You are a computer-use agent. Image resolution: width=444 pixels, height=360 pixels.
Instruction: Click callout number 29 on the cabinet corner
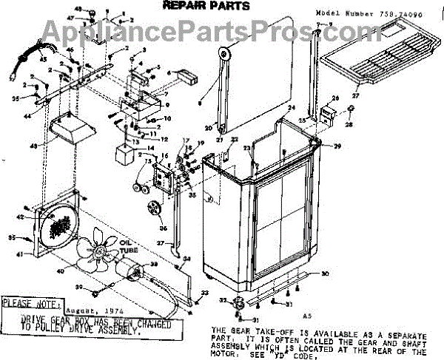pyautogui.click(x=337, y=146)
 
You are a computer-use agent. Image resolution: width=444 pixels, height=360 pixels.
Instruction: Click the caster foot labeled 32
pyautogui.click(x=239, y=303)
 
